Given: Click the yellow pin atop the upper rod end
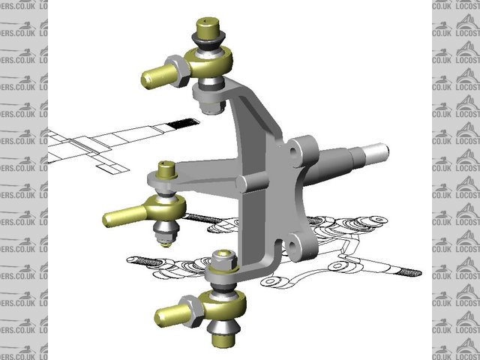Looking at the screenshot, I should tap(207, 26).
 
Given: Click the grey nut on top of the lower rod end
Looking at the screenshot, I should tap(222, 261).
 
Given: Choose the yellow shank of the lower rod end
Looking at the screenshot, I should tap(169, 313).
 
